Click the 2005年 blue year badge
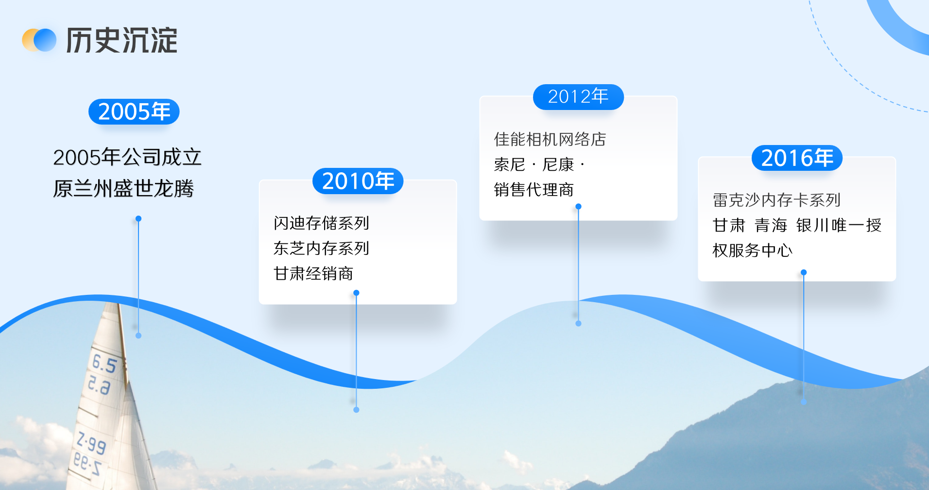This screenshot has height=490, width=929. pos(134,111)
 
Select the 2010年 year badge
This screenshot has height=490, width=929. pos(358,181)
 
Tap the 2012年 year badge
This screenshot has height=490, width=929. pos(578,97)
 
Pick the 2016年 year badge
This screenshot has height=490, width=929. pos(797,158)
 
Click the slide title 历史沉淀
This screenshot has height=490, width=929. pos(121,40)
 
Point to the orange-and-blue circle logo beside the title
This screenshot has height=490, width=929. pos(39,40)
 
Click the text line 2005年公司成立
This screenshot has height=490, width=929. pos(127,157)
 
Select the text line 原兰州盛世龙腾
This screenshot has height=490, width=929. pos(123,188)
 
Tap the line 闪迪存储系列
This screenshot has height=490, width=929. pos(321,223)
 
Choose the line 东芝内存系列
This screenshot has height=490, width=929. pos(321,248)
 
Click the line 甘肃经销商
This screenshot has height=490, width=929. pos(313,273)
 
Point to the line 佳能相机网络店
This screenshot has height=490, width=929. pos(550,139)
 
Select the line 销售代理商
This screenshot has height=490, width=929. pos(534,190)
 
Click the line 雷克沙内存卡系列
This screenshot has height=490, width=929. pos(776,200)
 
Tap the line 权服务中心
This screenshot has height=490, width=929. pos(753,251)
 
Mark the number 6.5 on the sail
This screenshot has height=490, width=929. pos(104,363)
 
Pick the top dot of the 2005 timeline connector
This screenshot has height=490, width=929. pos(138,219)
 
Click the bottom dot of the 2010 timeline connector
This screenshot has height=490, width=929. pos(356,410)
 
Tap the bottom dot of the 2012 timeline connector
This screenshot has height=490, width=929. pos(578,323)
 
